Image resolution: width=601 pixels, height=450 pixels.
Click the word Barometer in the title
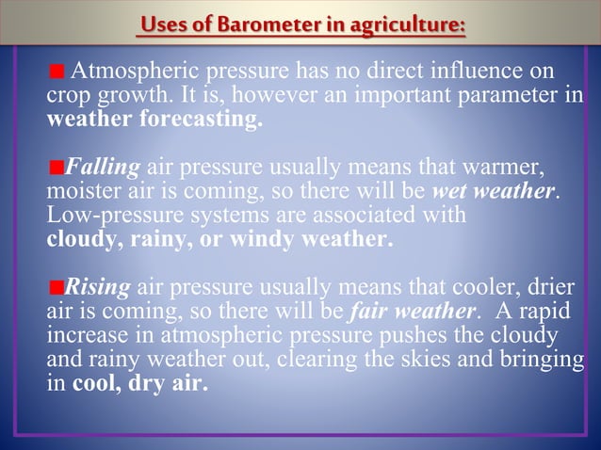(x=266, y=24)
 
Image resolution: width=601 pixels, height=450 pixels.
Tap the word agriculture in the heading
(x=408, y=24)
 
